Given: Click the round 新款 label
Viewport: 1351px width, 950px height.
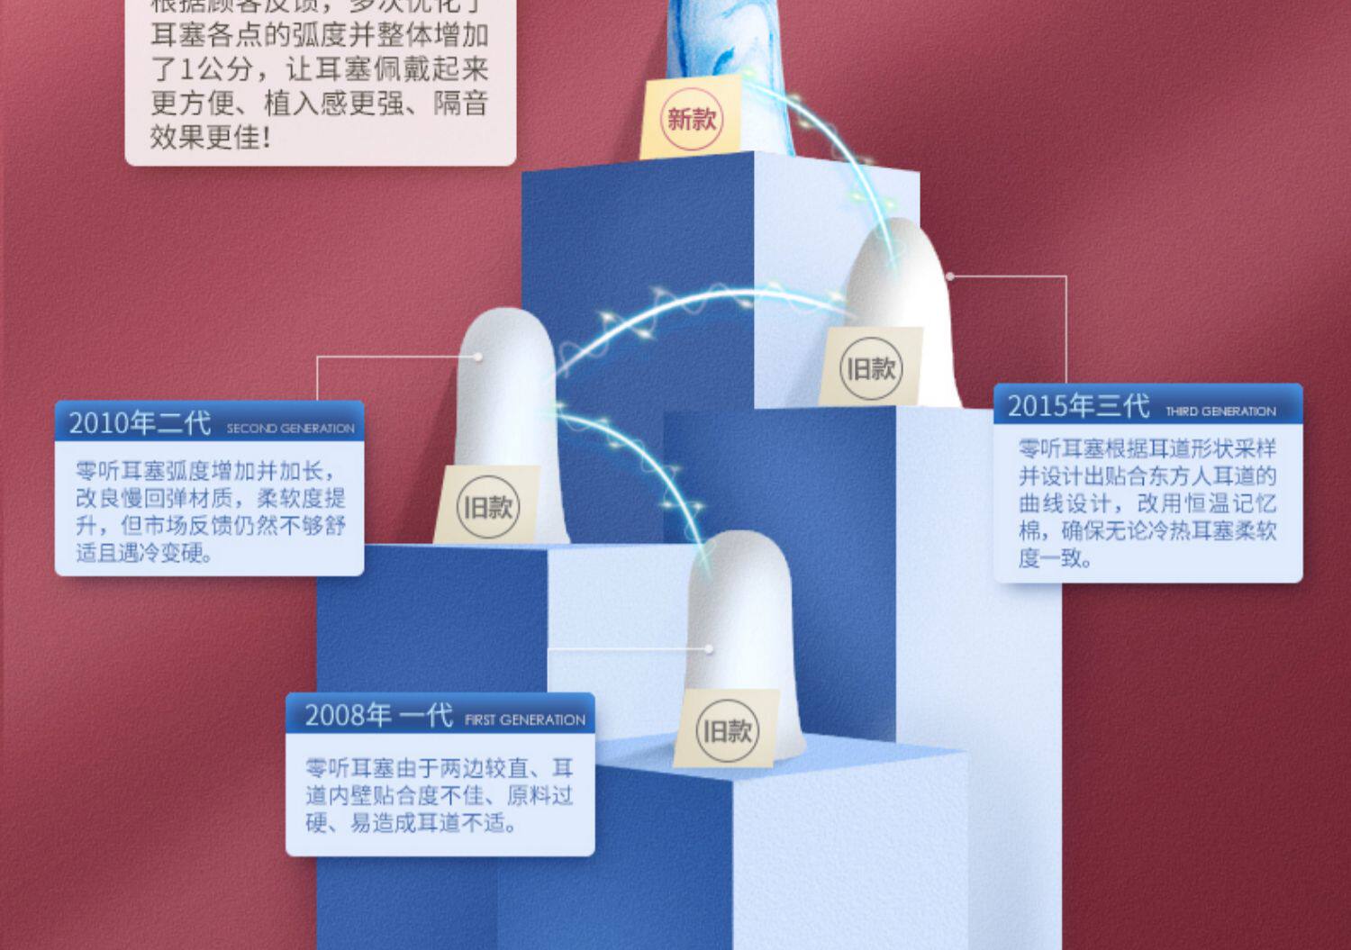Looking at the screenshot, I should [691, 119].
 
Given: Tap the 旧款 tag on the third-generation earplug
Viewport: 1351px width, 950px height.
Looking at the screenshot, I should [870, 368].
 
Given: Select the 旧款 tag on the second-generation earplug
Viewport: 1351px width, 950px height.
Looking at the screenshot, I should [487, 507].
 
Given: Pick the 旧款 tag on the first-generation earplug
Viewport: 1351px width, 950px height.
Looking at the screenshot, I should [726, 730].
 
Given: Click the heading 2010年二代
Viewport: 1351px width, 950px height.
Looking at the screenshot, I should [140, 423].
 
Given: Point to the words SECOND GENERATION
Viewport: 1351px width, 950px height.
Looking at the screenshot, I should [290, 429].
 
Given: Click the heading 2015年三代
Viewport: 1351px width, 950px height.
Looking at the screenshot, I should [1078, 406].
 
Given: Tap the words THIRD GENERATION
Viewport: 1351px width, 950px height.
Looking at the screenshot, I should [1220, 412].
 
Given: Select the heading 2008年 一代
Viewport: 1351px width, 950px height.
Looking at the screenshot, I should [377, 715].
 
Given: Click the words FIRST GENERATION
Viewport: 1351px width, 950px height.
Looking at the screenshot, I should [524, 720].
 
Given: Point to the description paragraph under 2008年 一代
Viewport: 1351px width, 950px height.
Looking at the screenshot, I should [440, 795].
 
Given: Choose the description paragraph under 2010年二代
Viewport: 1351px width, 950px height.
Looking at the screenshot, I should [210, 511].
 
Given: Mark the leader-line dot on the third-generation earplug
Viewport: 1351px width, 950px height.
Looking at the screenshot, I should [949, 276].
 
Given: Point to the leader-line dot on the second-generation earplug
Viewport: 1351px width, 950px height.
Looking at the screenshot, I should [478, 357].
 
